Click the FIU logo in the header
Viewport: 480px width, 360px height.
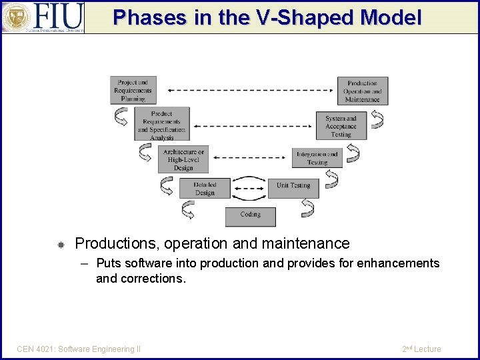[x=43, y=17]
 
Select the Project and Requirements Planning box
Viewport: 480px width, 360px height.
[x=133, y=91]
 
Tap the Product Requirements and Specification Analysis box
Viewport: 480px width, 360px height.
[x=161, y=125]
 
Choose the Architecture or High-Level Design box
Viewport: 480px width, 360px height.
[x=183, y=160]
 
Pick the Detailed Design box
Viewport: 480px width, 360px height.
[x=205, y=189]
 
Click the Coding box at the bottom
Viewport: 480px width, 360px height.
[x=250, y=215]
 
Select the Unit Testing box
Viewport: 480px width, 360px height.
[x=293, y=187]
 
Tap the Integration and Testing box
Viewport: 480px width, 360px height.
[x=317, y=159]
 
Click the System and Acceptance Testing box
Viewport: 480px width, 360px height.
[x=341, y=126]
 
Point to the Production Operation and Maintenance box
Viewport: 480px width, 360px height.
[x=363, y=91]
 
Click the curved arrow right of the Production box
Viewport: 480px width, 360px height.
[x=378, y=119]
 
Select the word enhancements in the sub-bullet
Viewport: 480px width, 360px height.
[x=398, y=263]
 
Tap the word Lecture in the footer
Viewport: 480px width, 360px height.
[x=427, y=349]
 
